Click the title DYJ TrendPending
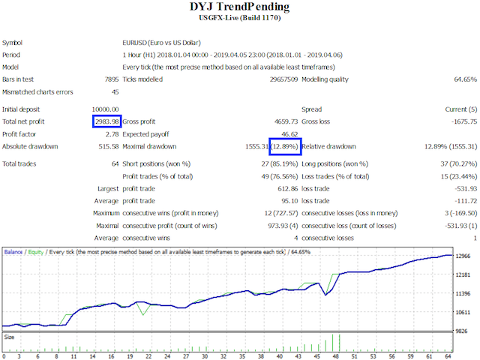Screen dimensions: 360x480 pyautogui.click(x=240, y=7)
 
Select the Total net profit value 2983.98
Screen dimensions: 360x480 pyautogui.click(x=106, y=121)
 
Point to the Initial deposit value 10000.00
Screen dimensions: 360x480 pyautogui.click(x=104, y=109)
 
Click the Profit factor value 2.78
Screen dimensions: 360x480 pyautogui.click(x=112, y=133)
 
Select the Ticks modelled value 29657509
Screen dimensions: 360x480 pyautogui.click(x=281, y=79)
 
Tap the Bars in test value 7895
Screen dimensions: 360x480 pyautogui.click(x=109, y=79)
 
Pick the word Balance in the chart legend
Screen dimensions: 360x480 pyautogui.click(x=13, y=252)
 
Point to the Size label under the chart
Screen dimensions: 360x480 pyautogui.click(x=9, y=337)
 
